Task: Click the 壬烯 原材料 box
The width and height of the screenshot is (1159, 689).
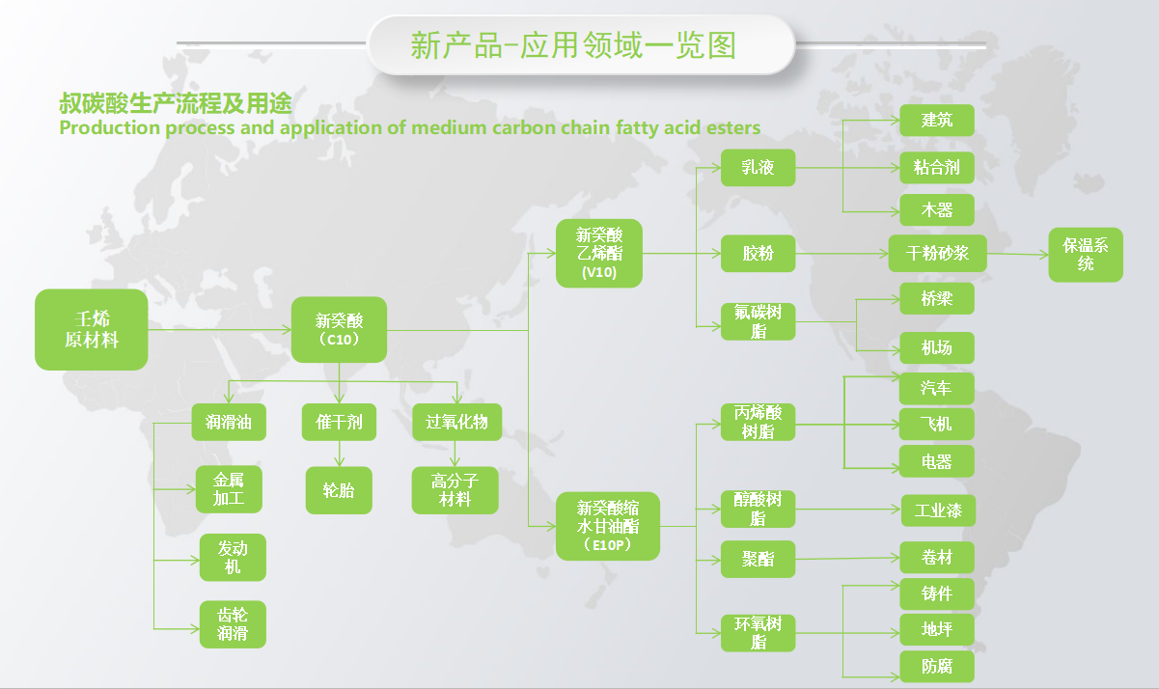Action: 91,329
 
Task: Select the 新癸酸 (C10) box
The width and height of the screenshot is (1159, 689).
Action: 339,329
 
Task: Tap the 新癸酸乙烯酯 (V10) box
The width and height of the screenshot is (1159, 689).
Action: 599,253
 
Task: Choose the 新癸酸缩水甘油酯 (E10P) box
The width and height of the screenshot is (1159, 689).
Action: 608,526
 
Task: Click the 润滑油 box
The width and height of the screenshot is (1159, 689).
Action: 229,422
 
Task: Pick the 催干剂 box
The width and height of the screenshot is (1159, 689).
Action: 339,422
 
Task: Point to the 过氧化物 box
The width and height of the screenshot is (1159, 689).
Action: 456,422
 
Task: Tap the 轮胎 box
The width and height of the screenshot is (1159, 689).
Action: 339,490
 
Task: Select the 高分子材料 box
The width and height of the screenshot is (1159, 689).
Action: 455,490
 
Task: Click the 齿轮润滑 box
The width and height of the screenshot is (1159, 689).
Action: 233,624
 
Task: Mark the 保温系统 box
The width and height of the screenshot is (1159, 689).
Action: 1086,255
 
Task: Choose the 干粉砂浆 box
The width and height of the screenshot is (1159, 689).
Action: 938,254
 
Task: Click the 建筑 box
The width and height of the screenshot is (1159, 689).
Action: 937,121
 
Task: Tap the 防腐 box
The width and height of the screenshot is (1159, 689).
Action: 937,667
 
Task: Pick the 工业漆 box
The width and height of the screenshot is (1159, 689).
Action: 939,510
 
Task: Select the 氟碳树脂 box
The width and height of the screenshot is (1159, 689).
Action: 758,321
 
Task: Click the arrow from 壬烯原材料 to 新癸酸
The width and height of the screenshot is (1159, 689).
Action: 219,329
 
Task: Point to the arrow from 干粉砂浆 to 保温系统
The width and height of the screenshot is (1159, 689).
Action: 1018,254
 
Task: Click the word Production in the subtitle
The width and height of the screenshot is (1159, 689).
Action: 110,127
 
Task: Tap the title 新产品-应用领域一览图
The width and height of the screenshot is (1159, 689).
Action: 573,45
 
